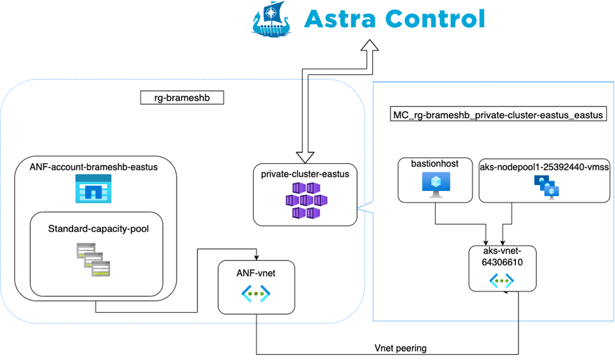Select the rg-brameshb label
[x=182, y=98]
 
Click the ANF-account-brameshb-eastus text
[x=93, y=167]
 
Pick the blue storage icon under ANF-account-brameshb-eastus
[x=93, y=189]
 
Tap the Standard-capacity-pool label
[x=98, y=229]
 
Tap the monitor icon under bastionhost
[x=435, y=185]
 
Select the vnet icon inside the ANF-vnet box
[x=256, y=293]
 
